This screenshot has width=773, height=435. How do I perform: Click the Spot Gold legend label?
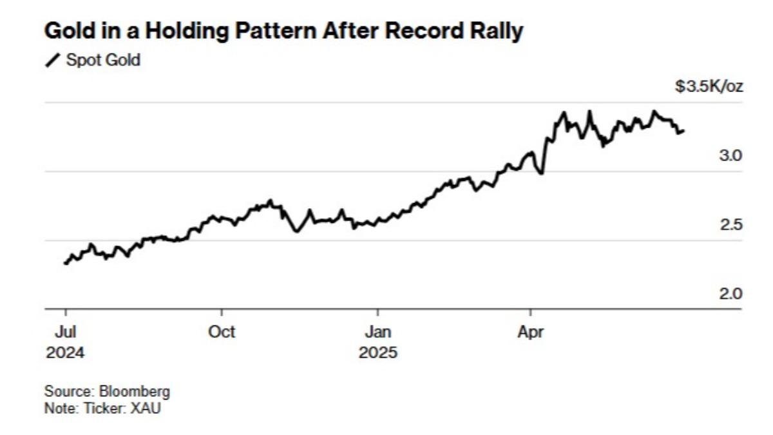[x=103, y=61]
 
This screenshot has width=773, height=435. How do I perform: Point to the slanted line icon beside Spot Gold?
[x=53, y=61]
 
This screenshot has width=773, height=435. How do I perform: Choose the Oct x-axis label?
[x=222, y=333]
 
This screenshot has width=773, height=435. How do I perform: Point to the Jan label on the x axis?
[x=377, y=333]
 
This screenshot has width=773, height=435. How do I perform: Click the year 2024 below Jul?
[x=65, y=353]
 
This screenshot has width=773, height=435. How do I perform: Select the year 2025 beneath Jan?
[x=378, y=353]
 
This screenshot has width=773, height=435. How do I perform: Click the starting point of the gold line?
[x=66, y=263]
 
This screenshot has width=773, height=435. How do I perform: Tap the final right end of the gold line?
[x=683, y=131]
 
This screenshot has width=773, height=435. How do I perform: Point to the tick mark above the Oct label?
[x=222, y=313]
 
